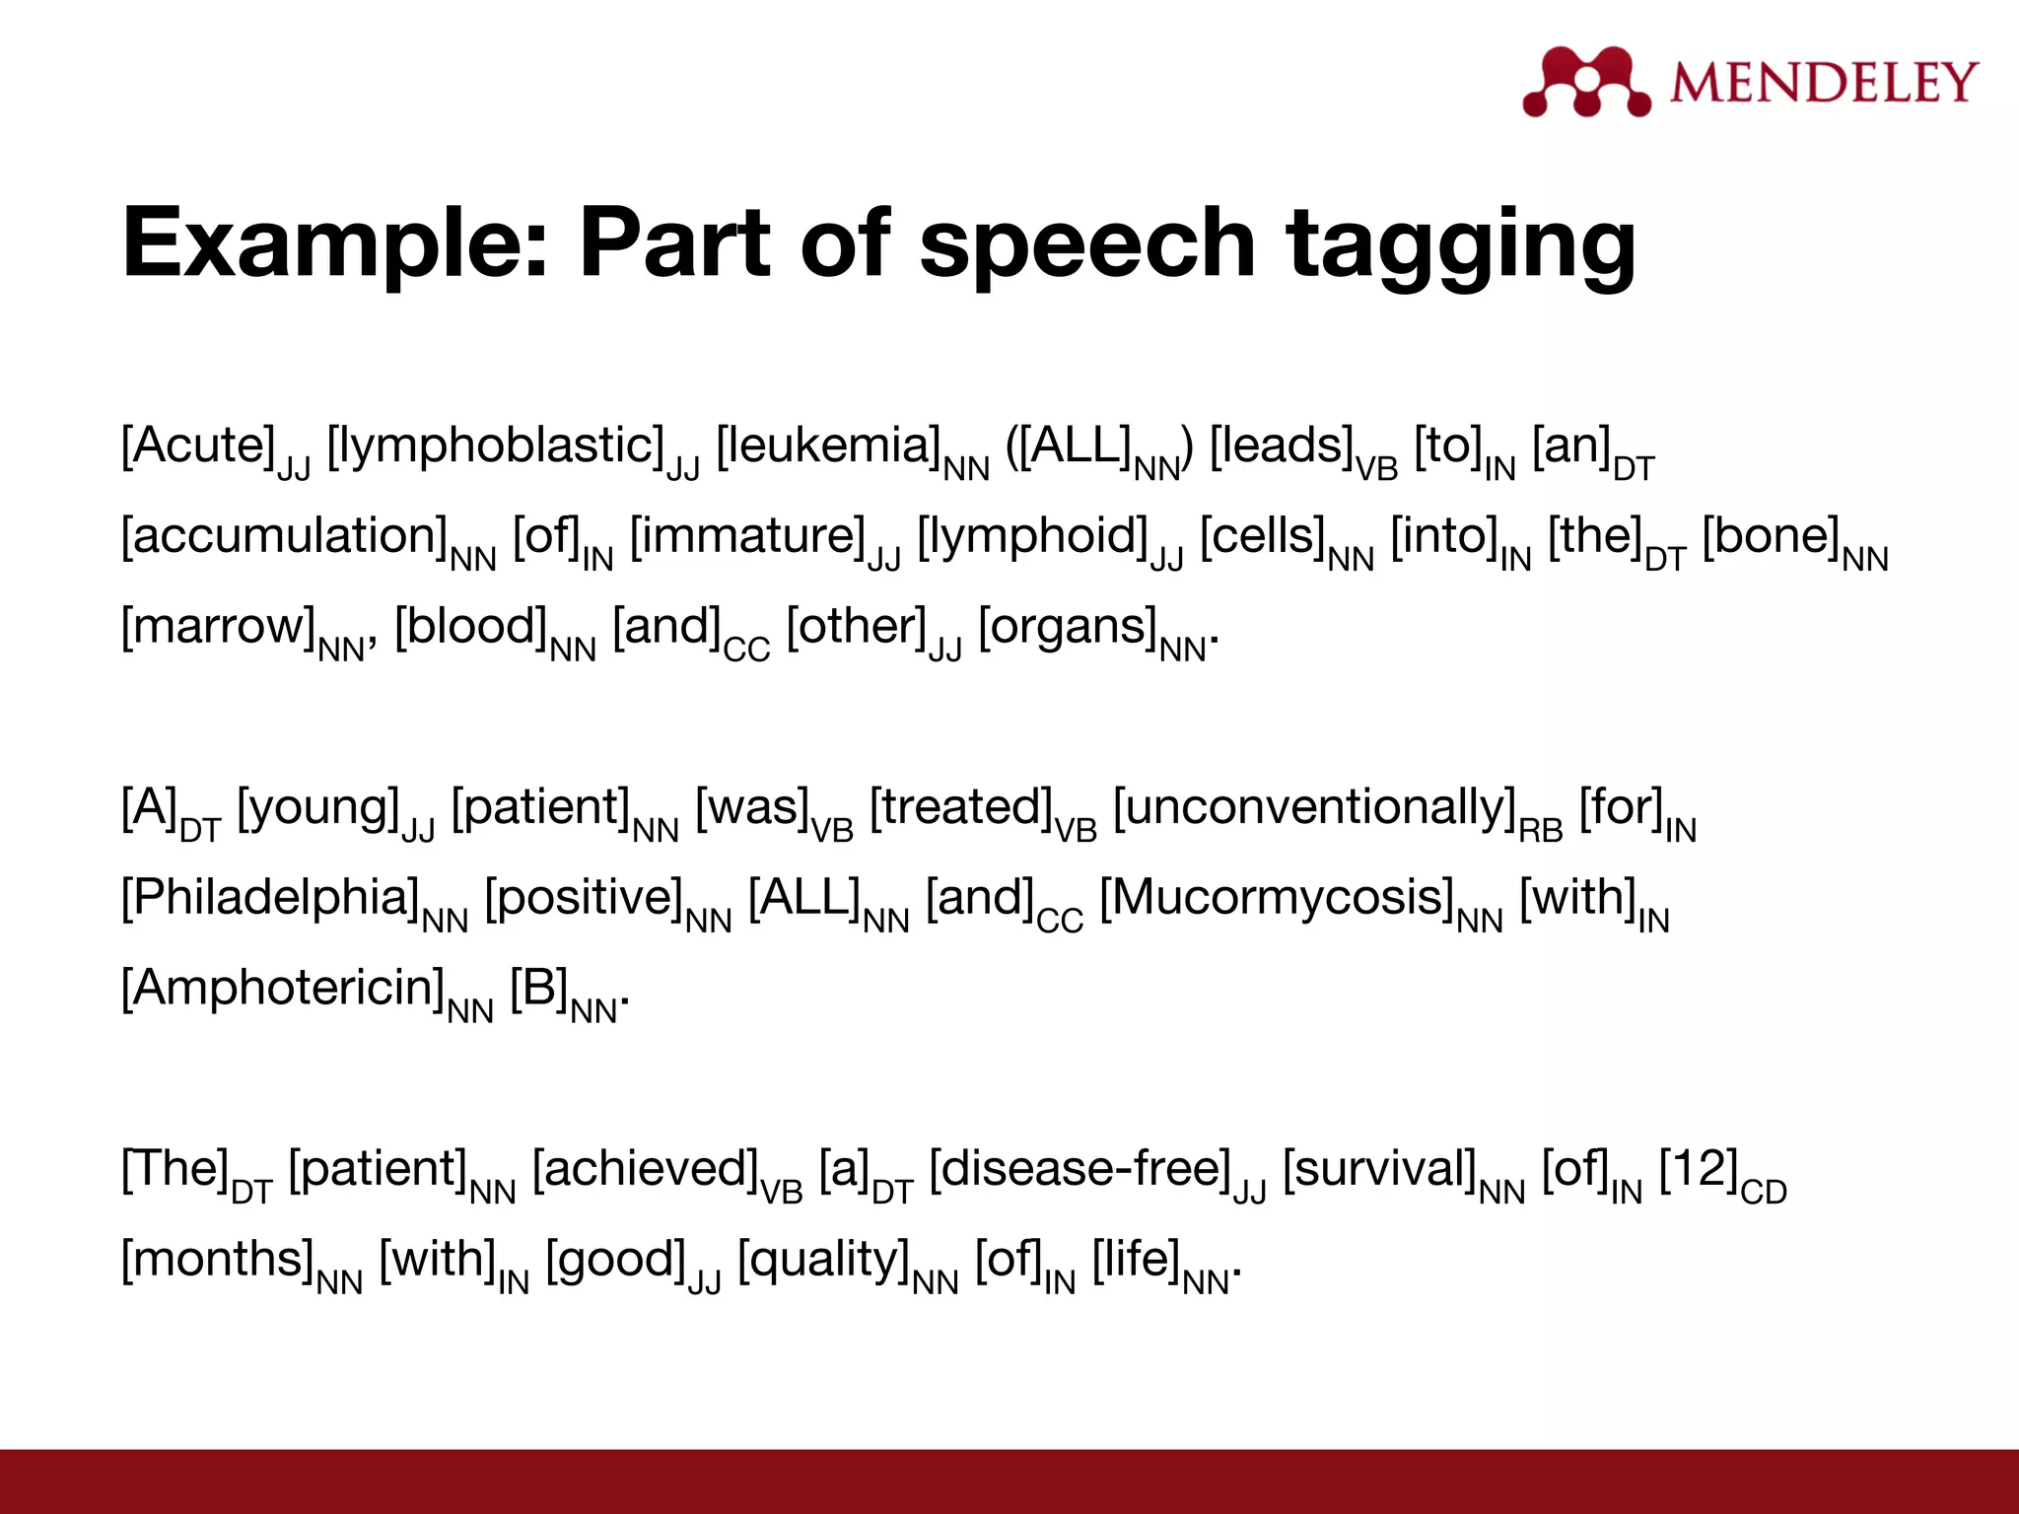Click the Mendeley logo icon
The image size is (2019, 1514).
tap(1585, 82)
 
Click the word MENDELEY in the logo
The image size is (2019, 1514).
tap(1824, 82)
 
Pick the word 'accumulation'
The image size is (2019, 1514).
tap(285, 537)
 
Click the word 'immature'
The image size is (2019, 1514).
tap(748, 537)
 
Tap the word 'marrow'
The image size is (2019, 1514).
tap(218, 628)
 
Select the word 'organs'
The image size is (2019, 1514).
tap(1068, 628)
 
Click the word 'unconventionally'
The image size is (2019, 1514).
tap(1315, 808)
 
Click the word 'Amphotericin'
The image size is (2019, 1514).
tap(283, 989)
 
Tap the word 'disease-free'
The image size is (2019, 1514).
tap(1080, 1170)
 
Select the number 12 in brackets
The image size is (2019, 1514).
tap(1699, 1170)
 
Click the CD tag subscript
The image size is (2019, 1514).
tap(1764, 1193)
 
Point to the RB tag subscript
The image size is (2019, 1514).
tap(1541, 831)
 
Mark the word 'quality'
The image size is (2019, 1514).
tap(824, 1261)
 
